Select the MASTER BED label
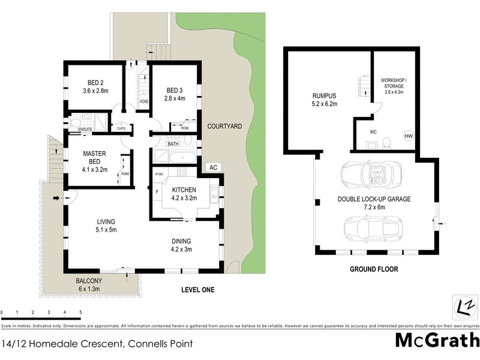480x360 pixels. coord(94,157)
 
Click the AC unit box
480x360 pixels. coord(212,167)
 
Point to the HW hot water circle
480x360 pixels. coord(409,137)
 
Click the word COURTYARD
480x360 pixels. coord(224,127)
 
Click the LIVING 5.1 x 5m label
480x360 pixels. coord(104,225)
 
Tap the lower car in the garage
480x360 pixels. coord(371,230)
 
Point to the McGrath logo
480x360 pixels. coord(437,340)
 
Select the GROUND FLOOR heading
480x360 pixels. coord(374,269)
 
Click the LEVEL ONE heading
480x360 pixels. coord(198,290)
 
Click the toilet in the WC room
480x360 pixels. coord(387,142)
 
